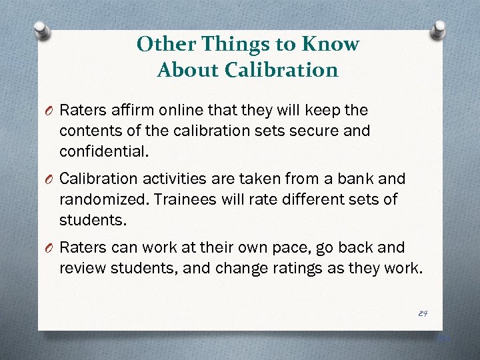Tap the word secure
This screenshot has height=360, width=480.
pyautogui.click(x=311, y=130)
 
